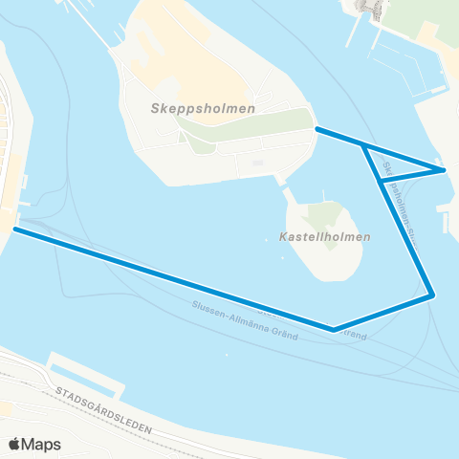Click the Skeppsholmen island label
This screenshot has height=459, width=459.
tap(203, 109)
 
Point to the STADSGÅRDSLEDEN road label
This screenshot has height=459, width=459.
tap(105, 413)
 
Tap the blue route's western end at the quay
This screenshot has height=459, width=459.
tap(14, 229)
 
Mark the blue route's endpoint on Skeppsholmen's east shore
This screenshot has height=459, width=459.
tap(317, 129)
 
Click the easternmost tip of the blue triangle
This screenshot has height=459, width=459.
tap(445, 170)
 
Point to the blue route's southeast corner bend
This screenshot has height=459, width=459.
tap(433, 295)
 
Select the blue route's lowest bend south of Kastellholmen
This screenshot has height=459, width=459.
tap(334, 330)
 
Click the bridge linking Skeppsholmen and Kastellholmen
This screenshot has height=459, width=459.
tap(283, 185)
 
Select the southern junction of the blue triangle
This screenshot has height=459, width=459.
tap(382, 181)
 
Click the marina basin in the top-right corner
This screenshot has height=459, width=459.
tap(402, 57)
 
